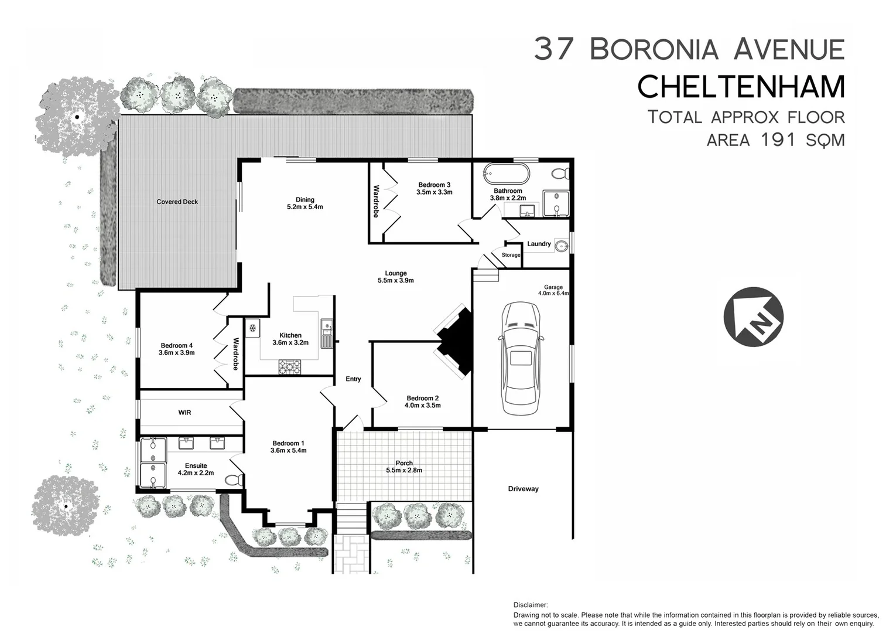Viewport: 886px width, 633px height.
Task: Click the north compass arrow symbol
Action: tap(753, 316)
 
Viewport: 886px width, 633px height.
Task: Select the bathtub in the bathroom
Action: tap(506, 174)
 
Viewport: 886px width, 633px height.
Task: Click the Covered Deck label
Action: tap(177, 202)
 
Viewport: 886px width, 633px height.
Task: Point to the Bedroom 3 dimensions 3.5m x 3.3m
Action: tap(434, 192)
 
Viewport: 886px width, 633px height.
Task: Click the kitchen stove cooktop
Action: tap(289, 367)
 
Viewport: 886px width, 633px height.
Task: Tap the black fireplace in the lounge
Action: tap(457, 339)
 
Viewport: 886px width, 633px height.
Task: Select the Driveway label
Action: tap(523, 489)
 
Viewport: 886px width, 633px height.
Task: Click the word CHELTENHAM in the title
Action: tap(741, 87)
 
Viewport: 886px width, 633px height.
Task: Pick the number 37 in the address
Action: tap(553, 49)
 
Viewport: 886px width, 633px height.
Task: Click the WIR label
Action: tap(184, 413)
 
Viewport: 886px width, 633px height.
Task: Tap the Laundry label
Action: tap(539, 244)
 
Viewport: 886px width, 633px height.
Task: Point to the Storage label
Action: tap(511, 255)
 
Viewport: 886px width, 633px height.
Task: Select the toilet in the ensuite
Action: tap(234, 480)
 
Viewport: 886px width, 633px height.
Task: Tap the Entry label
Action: tap(353, 379)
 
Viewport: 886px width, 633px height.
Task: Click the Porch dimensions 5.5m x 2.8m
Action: tap(403, 470)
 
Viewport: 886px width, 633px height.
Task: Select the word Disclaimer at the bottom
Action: tap(531, 605)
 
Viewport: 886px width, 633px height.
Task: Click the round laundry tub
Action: tap(561, 246)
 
